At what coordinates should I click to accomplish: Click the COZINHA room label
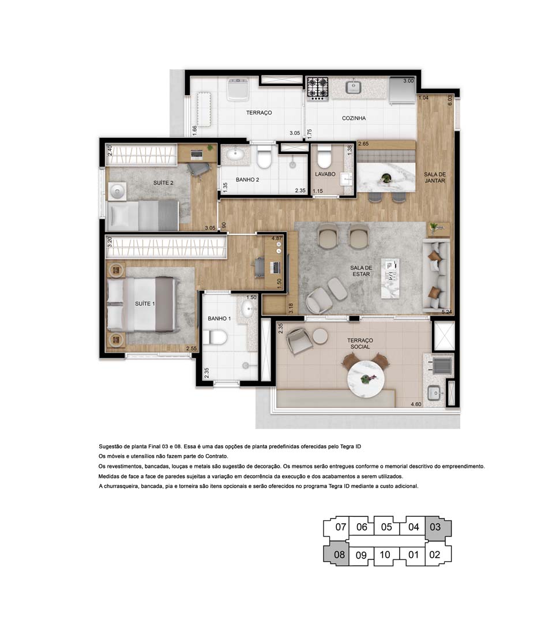pos(354,118)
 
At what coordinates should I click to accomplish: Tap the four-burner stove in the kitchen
pos(317,88)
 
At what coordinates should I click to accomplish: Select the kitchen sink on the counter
pos(353,87)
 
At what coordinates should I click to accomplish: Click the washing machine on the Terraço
pos(238,89)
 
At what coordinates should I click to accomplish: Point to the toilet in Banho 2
pos(265,157)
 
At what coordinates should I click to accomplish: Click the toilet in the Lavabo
pos(325,157)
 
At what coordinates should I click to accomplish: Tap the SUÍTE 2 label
pos(163,182)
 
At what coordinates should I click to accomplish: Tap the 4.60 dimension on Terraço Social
pos(415,404)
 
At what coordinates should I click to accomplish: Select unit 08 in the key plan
pos(339,556)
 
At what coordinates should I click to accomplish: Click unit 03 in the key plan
pos(435,527)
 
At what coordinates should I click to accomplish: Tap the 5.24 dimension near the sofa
pos(446,312)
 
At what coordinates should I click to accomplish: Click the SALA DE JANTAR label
pos(435,177)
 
